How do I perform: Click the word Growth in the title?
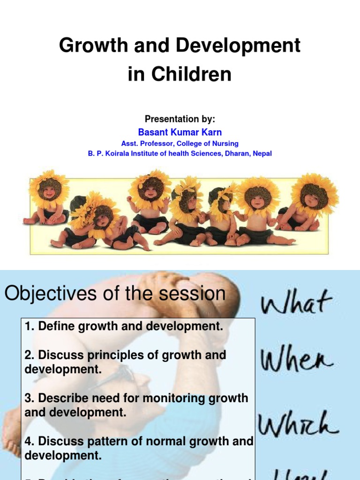(x=87, y=46)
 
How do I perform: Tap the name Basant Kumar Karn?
(x=180, y=132)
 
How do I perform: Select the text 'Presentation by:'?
(x=180, y=120)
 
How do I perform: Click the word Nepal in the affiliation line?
(x=262, y=153)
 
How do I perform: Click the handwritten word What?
(x=296, y=304)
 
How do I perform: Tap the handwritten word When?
(x=297, y=361)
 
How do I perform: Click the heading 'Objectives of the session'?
(x=115, y=294)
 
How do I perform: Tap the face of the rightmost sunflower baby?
(x=315, y=195)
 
